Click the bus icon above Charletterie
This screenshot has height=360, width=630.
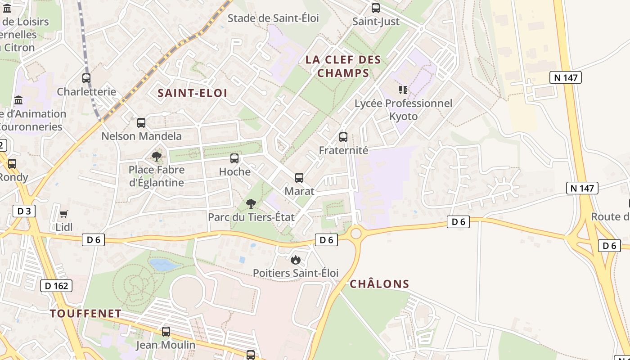[86, 78]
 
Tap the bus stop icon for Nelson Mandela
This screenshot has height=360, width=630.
[141, 122]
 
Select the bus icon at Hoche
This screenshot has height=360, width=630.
[234, 158]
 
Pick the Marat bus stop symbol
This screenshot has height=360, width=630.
[299, 178]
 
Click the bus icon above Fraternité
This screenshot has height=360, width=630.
[343, 137]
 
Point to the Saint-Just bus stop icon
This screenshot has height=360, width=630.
[376, 8]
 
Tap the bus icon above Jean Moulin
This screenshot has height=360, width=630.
[166, 332]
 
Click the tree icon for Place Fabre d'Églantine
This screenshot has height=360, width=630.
[156, 157]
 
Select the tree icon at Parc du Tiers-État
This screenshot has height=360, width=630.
[251, 204]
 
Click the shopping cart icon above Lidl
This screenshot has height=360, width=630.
[64, 214]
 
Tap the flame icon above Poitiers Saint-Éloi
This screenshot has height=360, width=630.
[296, 260]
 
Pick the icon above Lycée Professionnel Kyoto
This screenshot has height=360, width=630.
[403, 90]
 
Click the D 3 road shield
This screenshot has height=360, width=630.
[24, 211]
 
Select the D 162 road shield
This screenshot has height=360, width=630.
[57, 285]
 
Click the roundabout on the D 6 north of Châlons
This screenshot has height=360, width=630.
[356, 233]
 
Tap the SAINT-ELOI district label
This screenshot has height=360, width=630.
[192, 93]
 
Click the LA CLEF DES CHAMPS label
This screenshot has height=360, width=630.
[343, 66]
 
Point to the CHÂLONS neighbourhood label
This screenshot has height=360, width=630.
[379, 284]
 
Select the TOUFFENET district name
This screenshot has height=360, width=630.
[85, 314]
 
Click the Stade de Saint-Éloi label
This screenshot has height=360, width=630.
[273, 18]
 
